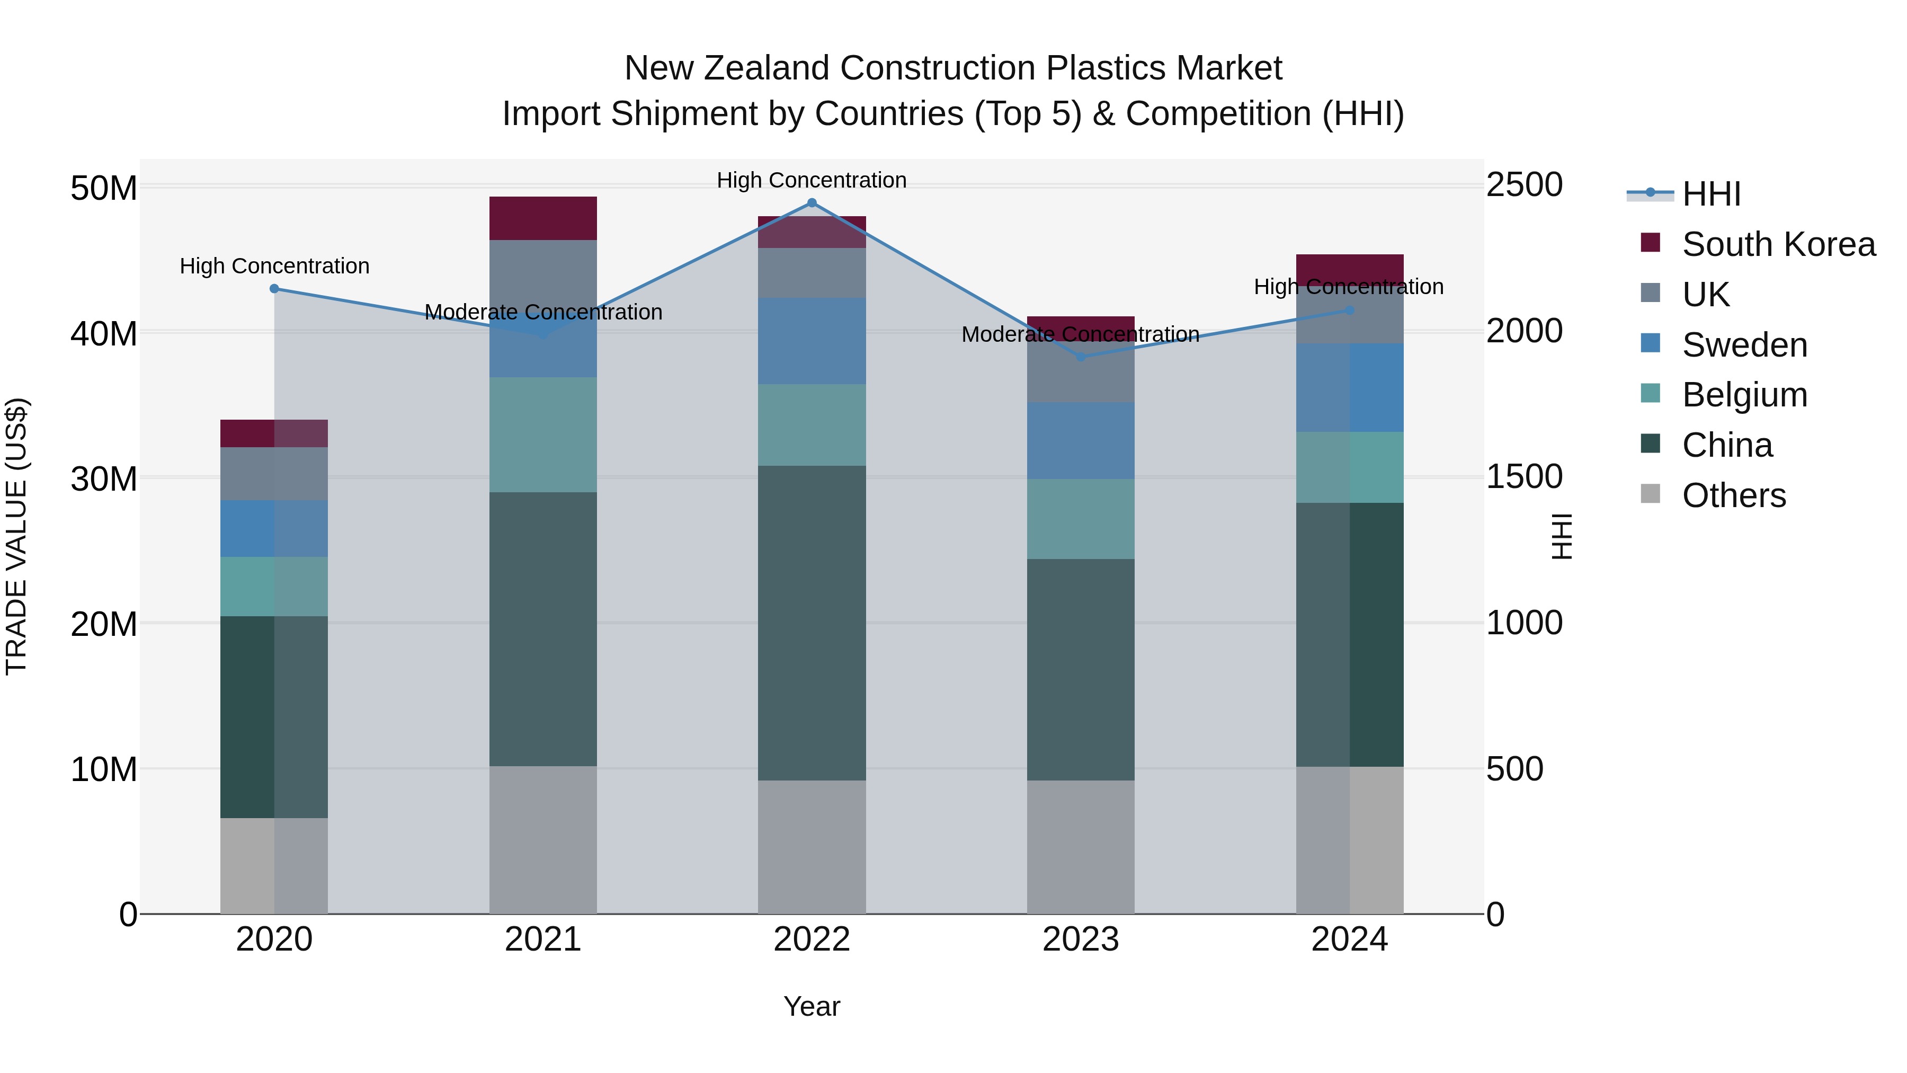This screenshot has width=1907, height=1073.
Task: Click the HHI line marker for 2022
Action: pyautogui.click(x=812, y=203)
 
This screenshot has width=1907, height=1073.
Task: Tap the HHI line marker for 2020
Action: pyautogui.click(x=274, y=289)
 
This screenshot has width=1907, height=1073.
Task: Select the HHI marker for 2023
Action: pyautogui.click(x=1080, y=357)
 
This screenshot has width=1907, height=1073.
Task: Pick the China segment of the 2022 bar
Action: pyautogui.click(x=812, y=622)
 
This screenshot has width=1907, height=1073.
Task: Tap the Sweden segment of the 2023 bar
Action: pyautogui.click(x=1080, y=441)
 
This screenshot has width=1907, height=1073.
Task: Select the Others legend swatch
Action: pyautogui.click(x=1650, y=494)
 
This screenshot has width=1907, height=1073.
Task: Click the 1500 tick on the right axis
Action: pyautogui.click(x=1523, y=477)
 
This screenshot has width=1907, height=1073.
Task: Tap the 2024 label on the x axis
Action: pyautogui.click(x=1349, y=939)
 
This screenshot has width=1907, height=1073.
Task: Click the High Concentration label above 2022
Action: pyautogui.click(x=812, y=180)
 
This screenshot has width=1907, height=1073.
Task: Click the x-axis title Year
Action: pyautogui.click(x=812, y=1006)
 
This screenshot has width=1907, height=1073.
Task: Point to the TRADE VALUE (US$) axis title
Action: pyautogui.click(x=16, y=536)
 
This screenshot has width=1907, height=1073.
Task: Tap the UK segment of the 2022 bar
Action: pyautogui.click(x=812, y=273)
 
